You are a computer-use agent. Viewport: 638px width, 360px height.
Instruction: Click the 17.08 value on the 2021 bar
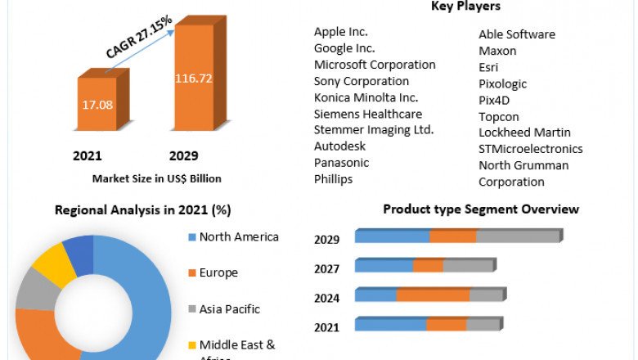[97, 106]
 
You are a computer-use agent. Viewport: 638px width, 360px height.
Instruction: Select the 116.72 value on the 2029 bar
[193, 79]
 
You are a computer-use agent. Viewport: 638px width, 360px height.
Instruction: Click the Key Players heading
[465, 7]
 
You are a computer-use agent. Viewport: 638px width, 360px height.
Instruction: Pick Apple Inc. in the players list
[341, 32]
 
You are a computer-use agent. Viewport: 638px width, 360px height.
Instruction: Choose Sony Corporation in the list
[362, 81]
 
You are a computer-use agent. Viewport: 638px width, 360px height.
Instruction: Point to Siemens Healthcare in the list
[368, 114]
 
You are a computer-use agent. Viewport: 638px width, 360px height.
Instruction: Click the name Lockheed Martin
[524, 133]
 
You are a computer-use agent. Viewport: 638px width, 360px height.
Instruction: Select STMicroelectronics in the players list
[530, 149]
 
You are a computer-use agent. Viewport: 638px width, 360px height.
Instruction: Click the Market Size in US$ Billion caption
[156, 178]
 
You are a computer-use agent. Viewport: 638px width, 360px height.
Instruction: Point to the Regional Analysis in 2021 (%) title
[142, 210]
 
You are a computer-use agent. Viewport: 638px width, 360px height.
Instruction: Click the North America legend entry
[239, 237]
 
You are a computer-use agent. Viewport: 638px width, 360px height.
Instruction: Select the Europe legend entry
[218, 272]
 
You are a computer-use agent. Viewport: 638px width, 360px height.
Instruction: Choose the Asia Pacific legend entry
[229, 309]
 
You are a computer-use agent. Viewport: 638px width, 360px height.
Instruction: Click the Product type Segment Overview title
[481, 209]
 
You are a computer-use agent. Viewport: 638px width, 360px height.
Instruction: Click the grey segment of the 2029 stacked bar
[517, 236]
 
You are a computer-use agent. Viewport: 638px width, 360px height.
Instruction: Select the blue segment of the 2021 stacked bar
[390, 325]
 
